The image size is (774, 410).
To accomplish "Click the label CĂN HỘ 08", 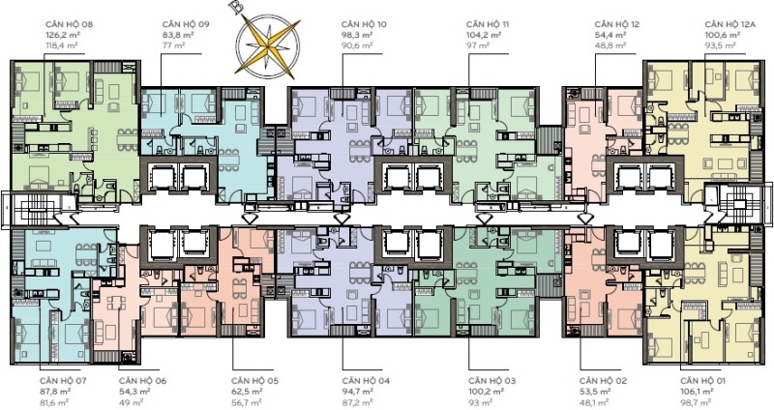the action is tap(69, 24).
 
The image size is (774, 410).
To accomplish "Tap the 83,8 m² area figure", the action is tap(178, 35).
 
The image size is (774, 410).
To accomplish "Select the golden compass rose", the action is tap(267, 47).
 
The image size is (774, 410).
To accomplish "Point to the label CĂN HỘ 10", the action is tap(364, 24).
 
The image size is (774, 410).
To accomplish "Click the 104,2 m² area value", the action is tap(484, 35).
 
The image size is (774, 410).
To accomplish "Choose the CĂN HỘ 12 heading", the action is tap(617, 24).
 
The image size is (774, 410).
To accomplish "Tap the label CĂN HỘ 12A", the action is tap(730, 24).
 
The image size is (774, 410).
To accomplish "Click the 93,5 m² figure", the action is tap(720, 45).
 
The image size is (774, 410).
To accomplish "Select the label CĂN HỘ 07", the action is tap(63, 381).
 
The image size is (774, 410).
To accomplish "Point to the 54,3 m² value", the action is tap(134, 392).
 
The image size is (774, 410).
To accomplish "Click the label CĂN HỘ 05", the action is tap(254, 381).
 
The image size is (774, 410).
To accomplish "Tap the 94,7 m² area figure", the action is tap(357, 392).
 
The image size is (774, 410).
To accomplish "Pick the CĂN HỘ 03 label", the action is tap(492, 381).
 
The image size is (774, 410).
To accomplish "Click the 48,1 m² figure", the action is tap(594, 402).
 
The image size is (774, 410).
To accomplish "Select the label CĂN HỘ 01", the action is tap(703, 381).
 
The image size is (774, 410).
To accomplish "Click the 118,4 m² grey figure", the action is tap(62, 45).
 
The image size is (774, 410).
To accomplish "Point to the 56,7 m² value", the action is tap(247, 402).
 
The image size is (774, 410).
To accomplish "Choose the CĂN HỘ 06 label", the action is tap(142, 381).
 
